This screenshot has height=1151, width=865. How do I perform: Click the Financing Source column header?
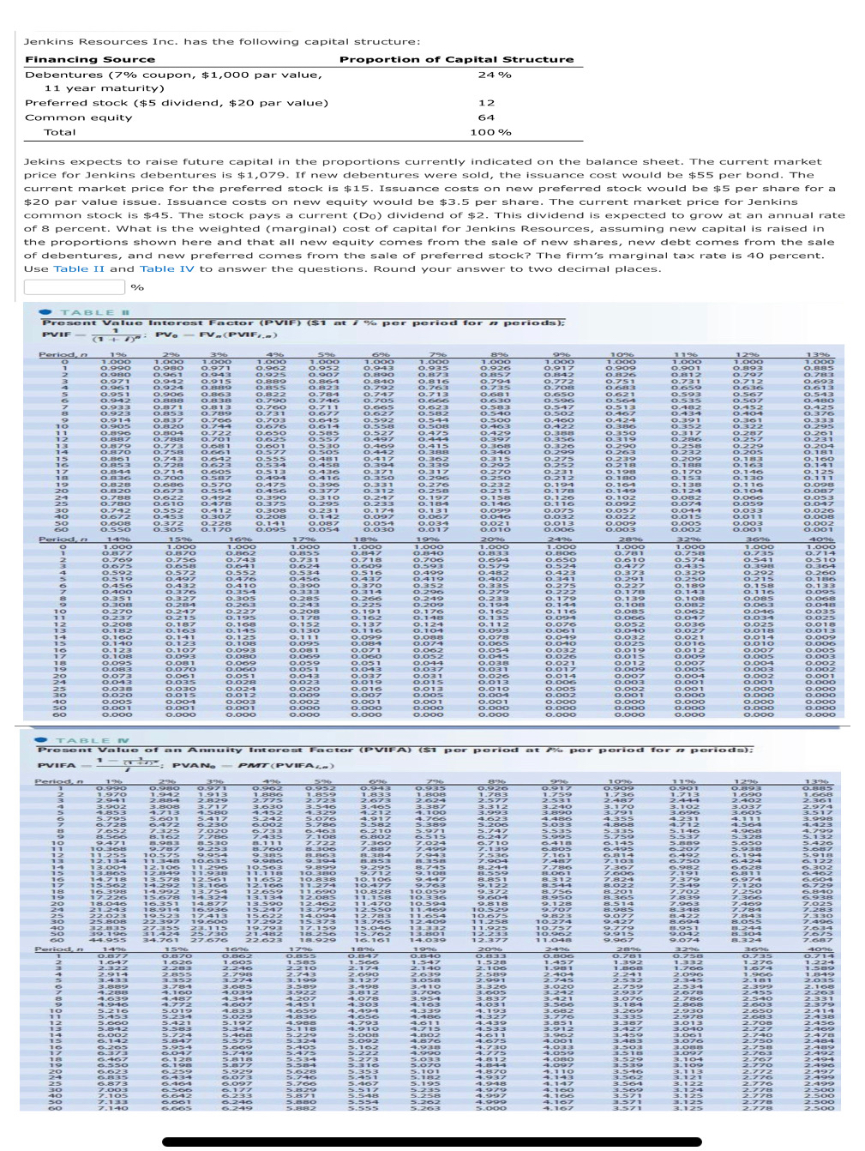click(90, 59)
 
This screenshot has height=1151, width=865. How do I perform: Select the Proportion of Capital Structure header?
click(456, 59)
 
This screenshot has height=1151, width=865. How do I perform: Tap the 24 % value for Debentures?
click(494, 75)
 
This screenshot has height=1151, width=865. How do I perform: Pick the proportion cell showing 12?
click(486, 103)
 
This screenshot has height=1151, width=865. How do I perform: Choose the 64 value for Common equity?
click(486, 118)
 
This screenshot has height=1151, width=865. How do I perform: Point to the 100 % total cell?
click(490, 132)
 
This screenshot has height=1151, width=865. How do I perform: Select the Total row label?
click(60, 132)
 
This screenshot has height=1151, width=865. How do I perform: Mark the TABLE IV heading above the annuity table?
click(92, 740)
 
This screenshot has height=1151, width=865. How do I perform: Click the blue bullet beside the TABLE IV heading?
click(40, 740)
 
